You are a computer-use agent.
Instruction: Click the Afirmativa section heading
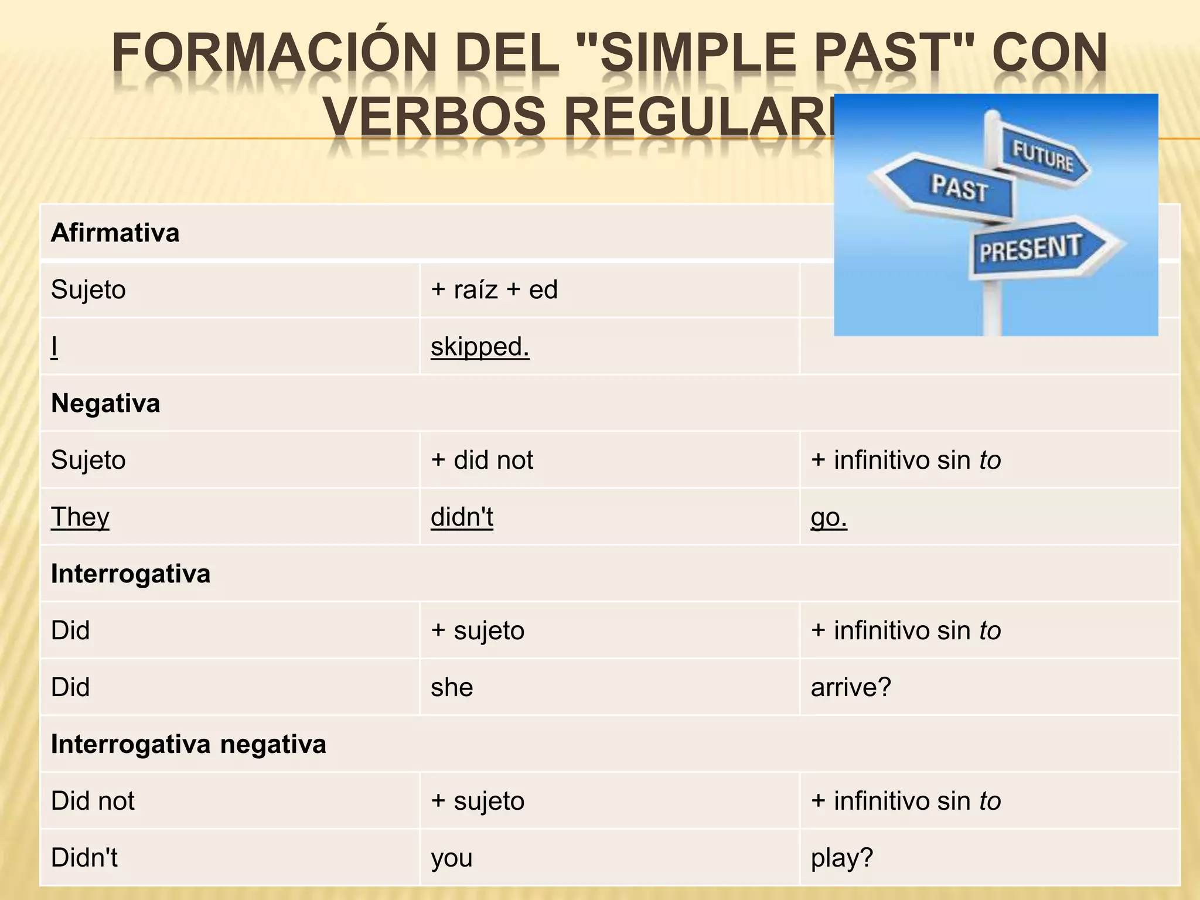click(115, 233)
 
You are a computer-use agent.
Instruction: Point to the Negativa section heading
click(105, 403)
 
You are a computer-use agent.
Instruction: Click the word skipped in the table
click(479, 346)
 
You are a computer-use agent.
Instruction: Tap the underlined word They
click(80, 517)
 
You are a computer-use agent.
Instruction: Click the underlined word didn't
click(462, 517)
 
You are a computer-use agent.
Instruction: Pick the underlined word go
click(829, 517)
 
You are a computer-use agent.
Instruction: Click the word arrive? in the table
click(851, 687)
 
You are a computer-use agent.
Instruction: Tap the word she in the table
click(452, 687)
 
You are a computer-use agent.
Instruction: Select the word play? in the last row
click(842, 857)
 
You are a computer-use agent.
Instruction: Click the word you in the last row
click(452, 857)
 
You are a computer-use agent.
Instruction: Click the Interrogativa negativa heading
click(188, 744)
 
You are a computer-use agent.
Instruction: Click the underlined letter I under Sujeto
click(54, 346)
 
